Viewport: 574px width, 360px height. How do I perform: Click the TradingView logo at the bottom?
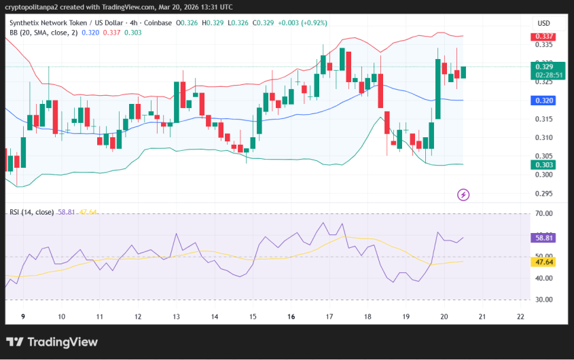click(x=52, y=342)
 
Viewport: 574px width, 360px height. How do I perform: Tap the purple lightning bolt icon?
click(x=463, y=195)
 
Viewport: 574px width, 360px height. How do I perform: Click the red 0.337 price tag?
click(x=545, y=37)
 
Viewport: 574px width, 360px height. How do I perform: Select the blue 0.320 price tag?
click(x=545, y=101)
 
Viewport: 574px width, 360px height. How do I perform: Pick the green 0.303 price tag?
click(x=545, y=164)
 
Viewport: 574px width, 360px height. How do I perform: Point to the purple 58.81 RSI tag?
click(x=545, y=238)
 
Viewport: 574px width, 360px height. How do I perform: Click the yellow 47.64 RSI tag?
click(x=545, y=262)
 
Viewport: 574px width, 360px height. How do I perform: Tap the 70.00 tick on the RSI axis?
click(x=544, y=214)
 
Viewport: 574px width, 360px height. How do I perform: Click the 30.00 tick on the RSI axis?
click(x=544, y=300)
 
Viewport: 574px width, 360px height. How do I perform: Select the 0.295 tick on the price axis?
click(x=543, y=194)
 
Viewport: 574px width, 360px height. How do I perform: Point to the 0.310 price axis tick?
click(x=543, y=138)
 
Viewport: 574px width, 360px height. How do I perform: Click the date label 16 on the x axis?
click(x=291, y=317)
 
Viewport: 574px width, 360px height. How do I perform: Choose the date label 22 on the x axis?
click(x=520, y=317)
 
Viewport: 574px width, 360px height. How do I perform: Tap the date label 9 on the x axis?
click(x=23, y=317)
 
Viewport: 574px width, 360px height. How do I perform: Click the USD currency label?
click(x=543, y=23)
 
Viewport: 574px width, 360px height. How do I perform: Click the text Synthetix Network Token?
click(x=49, y=23)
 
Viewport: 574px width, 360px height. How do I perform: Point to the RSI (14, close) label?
click(x=31, y=212)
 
